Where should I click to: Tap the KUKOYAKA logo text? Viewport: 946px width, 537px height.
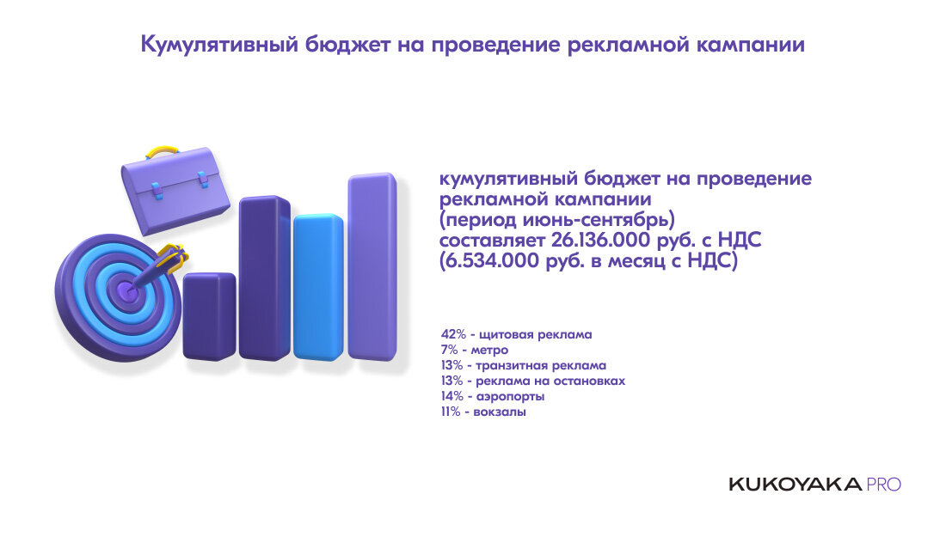point(795,485)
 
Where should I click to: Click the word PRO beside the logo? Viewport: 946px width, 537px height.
point(884,485)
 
